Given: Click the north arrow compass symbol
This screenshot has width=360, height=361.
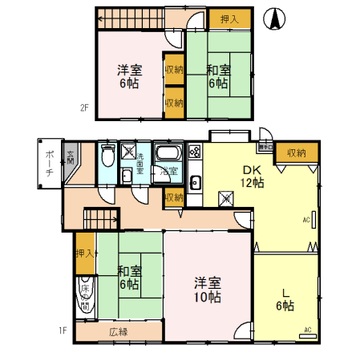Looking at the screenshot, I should (274, 18).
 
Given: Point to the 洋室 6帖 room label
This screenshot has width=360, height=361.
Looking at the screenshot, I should (127, 75).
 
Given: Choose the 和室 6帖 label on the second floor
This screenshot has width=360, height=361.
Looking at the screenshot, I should (216, 75).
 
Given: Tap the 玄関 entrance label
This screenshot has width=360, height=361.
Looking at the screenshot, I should (71, 157).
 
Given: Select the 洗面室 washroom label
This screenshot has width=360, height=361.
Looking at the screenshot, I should (139, 163).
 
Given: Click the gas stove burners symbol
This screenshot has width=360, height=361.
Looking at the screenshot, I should (194, 152).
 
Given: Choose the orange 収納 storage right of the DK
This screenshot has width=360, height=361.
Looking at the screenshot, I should (295, 152).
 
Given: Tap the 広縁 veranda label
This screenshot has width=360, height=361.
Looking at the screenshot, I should (118, 331).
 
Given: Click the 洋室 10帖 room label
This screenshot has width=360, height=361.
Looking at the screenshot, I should (207, 290).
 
